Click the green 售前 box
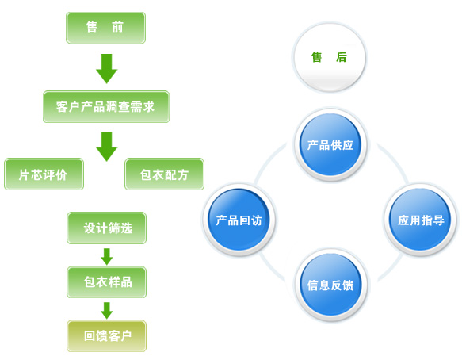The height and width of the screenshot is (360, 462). (105, 28)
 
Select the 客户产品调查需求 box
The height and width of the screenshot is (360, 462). (106, 106)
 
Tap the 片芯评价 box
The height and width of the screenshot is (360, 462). (44, 174)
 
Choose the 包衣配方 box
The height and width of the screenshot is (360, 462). (164, 174)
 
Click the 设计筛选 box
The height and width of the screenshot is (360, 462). (107, 228)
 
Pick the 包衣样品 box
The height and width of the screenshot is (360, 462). (107, 282)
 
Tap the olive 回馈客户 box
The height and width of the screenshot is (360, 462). (107, 336)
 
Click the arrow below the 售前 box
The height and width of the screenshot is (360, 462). (107, 68)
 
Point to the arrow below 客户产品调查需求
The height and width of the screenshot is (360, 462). (107, 146)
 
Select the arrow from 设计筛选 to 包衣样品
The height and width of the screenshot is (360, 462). (107, 256)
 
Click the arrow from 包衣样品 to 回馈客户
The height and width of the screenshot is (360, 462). (107, 311)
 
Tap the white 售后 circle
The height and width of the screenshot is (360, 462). (330, 58)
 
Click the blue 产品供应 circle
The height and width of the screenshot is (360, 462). (330, 144)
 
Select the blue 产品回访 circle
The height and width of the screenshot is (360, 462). (239, 220)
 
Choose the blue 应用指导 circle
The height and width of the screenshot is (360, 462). (421, 220)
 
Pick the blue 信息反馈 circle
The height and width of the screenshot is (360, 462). (330, 285)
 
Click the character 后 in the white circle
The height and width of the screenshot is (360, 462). (342, 57)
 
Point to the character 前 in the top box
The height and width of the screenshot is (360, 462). (117, 27)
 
